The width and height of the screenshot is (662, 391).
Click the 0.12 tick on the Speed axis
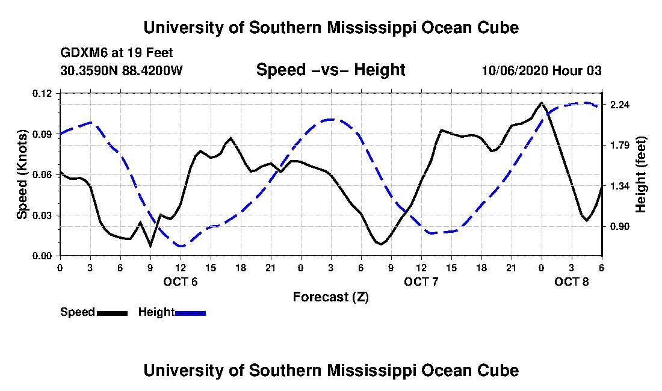(x=42, y=93)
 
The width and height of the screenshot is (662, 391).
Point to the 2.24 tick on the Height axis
(x=620, y=105)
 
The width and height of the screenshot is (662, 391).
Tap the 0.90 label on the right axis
(x=620, y=227)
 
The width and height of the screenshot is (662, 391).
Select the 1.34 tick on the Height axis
(x=620, y=186)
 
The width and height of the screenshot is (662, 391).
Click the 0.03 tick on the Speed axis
(x=42, y=215)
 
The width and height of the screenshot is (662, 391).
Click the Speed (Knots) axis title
(x=22, y=174)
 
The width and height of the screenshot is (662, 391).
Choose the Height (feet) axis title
(x=640, y=174)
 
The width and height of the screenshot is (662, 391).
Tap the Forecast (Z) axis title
(x=331, y=297)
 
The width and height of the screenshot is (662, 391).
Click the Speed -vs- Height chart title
(x=330, y=70)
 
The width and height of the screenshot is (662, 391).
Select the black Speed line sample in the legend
(x=113, y=313)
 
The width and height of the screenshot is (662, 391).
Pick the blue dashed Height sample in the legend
(x=190, y=313)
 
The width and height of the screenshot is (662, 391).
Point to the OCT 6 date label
(x=181, y=282)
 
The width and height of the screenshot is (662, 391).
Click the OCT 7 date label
(x=421, y=282)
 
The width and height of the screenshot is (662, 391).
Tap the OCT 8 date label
(x=571, y=282)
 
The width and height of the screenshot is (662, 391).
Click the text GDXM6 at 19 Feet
(x=117, y=53)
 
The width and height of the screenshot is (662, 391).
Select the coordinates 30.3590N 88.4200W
(x=121, y=70)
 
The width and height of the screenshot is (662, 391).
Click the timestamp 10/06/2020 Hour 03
(x=542, y=70)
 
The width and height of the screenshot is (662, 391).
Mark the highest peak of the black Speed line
(x=541, y=102)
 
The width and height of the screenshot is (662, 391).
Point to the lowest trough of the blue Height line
(x=182, y=246)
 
